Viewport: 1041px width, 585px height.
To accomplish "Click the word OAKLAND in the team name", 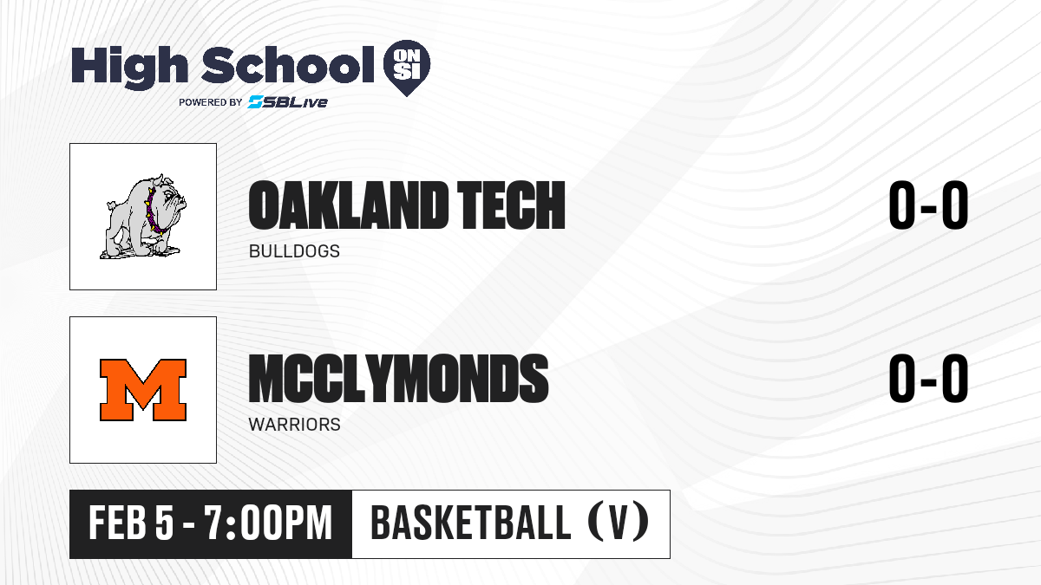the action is coord(348,205).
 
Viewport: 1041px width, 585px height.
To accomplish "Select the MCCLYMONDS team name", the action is coord(398,379).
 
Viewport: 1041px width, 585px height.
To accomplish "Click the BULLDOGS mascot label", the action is coord(294,251).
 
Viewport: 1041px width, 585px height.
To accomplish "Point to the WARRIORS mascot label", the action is coord(295,425).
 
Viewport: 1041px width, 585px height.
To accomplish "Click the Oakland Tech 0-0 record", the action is coord(928,205).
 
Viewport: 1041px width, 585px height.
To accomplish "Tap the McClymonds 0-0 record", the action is coord(928,379).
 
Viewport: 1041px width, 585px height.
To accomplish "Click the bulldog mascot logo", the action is coord(143,217).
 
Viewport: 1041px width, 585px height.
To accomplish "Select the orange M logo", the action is coord(143,390).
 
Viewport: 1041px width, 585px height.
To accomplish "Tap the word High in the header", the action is coord(129,67).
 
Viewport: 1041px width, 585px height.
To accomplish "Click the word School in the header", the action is coord(288,64).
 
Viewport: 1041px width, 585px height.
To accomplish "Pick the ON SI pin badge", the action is coord(407,68).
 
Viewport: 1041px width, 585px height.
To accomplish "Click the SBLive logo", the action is coord(288,102).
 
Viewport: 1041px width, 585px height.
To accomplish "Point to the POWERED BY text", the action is coord(211,102).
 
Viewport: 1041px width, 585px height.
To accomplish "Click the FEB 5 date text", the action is coord(132,523).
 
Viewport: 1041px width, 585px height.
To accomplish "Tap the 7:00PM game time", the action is coord(268,523).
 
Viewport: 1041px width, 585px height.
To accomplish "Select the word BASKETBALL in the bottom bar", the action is coord(471,523).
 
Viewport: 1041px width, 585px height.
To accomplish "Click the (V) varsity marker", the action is coord(618,523).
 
